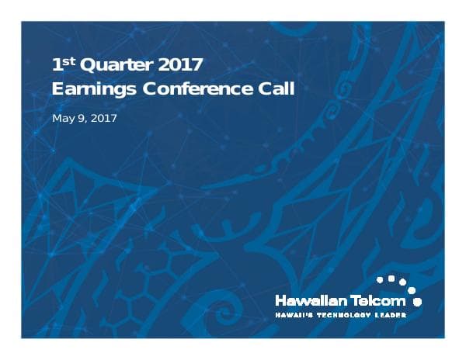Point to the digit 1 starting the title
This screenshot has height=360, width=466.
point(55,64)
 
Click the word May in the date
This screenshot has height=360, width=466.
point(62,119)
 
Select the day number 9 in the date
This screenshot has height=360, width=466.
point(79,119)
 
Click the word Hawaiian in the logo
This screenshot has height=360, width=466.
point(311,299)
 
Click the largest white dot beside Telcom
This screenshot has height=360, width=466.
point(418,300)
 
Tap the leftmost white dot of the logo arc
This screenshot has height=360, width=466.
point(380,277)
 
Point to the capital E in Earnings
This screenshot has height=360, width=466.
point(57,88)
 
